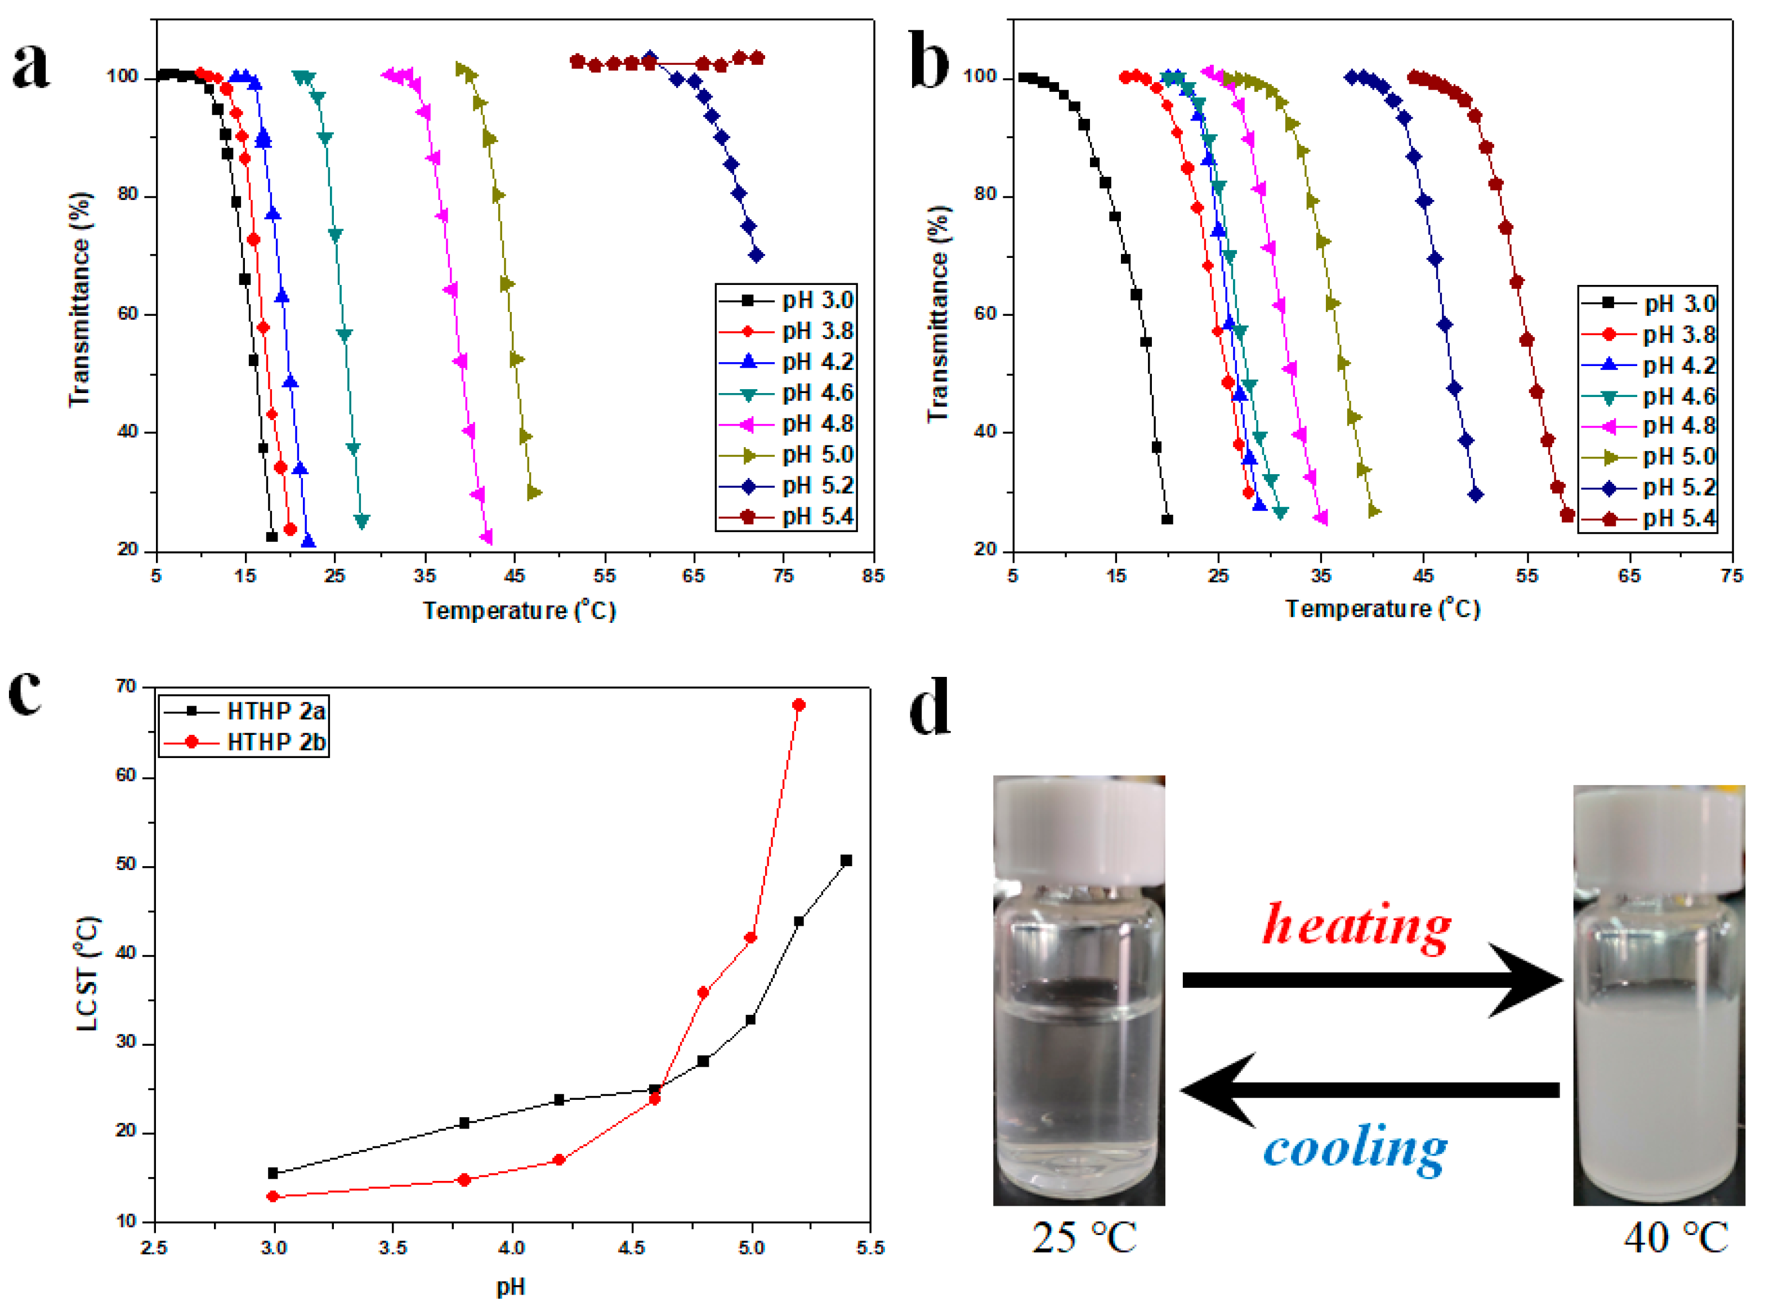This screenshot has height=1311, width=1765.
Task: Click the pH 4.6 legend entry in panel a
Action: pyautogui.click(x=785, y=393)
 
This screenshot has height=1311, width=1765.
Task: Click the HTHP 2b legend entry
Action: pyautogui.click(x=244, y=742)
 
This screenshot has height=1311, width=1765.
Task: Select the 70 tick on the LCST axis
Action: pyautogui.click(x=126, y=686)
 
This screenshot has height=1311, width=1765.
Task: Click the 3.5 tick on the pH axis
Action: pyautogui.click(x=392, y=1247)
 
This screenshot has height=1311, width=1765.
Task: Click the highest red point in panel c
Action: pyautogui.click(x=799, y=704)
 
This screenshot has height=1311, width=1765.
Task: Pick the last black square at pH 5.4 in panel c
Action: pyautogui.click(x=846, y=860)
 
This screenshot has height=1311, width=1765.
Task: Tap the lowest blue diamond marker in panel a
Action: pyautogui.click(x=756, y=255)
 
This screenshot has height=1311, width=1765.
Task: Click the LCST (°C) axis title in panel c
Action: pyautogui.click(x=87, y=974)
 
